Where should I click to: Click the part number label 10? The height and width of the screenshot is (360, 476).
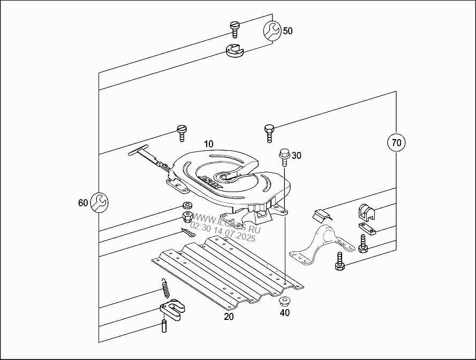[x=208, y=144]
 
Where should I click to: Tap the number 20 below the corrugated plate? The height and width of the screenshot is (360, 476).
[x=229, y=316]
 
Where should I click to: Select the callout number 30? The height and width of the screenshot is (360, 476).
[x=296, y=156]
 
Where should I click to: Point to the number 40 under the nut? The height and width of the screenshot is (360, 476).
[x=284, y=312]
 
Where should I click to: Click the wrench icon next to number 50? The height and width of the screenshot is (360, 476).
[x=271, y=31]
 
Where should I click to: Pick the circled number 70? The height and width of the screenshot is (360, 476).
[x=396, y=143]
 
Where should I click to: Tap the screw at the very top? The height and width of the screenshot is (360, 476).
[x=233, y=27]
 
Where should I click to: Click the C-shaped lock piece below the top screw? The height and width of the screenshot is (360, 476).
[x=234, y=51]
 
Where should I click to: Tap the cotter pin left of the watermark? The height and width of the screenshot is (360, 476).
[x=188, y=233]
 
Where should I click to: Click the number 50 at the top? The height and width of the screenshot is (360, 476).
[x=288, y=31]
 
